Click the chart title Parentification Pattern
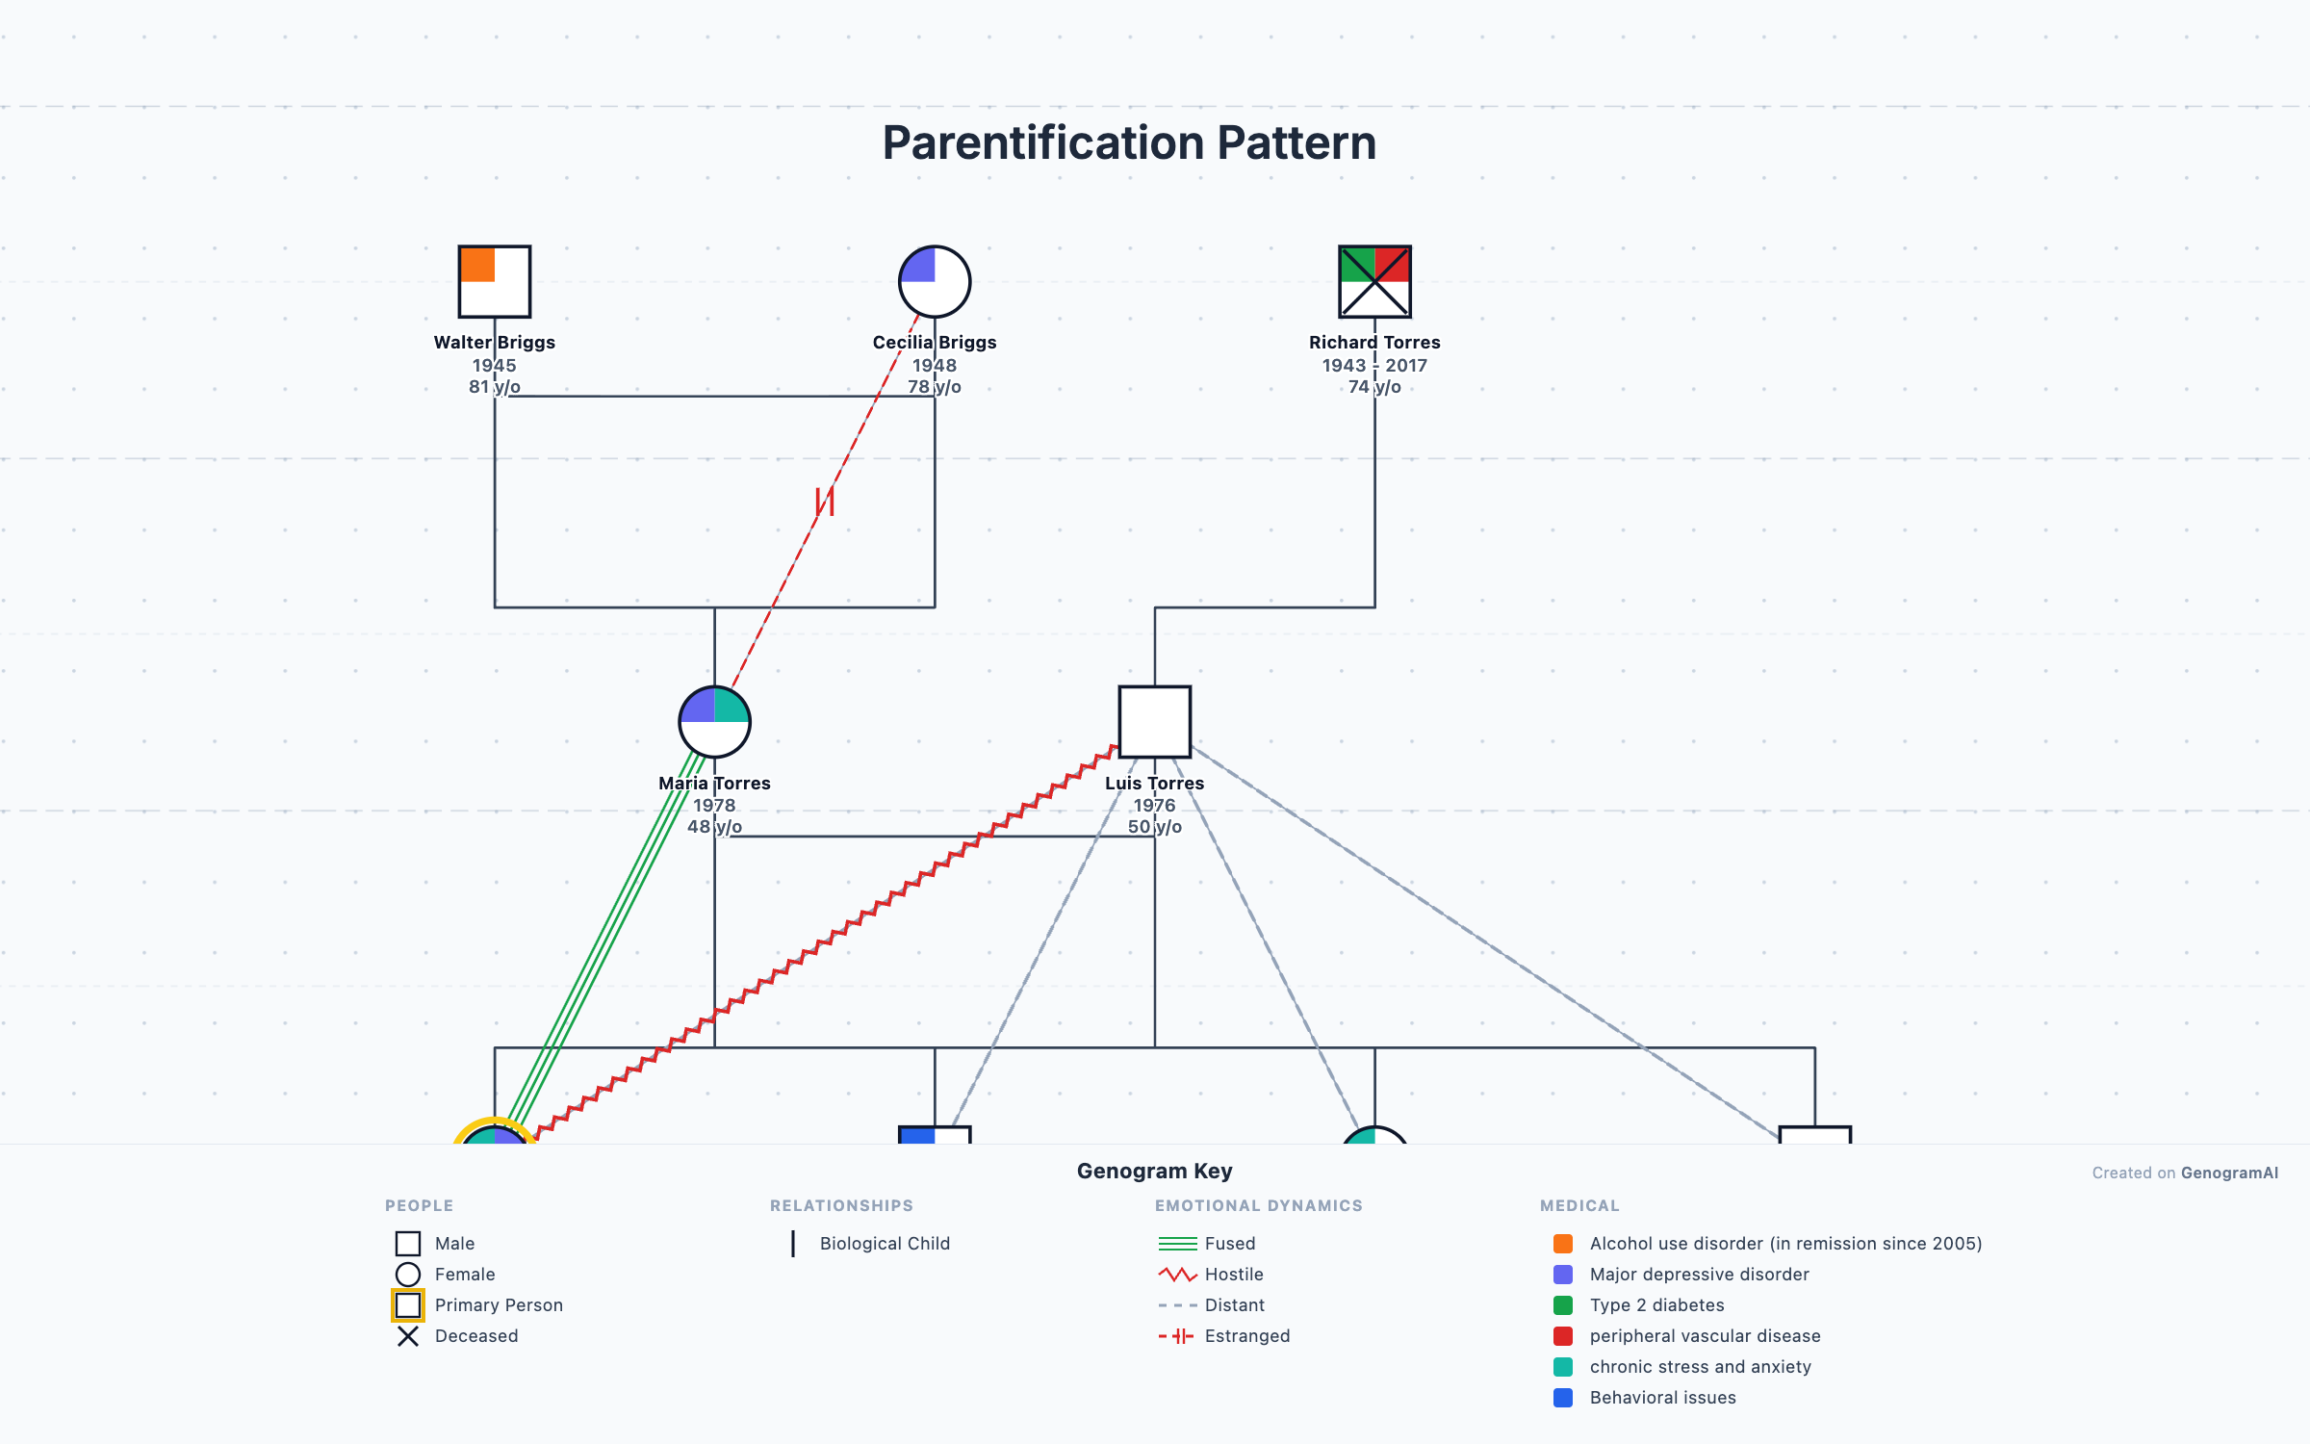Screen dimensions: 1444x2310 pyautogui.click(x=1129, y=142)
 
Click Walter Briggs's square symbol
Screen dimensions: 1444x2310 pyautogui.click(x=494, y=281)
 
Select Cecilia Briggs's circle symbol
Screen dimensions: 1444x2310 pyautogui.click(x=934, y=281)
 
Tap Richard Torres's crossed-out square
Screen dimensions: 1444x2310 pyautogui.click(x=1374, y=281)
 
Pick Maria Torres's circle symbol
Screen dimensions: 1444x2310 pyautogui.click(x=714, y=722)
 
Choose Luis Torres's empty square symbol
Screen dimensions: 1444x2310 pyautogui.click(x=1154, y=722)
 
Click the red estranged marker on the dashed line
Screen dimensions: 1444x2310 pyautogui.click(x=825, y=502)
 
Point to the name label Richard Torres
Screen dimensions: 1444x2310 pyautogui.click(x=1374, y=343)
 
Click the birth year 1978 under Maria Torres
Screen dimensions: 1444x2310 pyautogui.click(x=714, y=805)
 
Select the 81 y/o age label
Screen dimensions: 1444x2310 pyautogui.click(x=494, y=387)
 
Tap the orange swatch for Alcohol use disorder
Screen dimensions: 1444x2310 pyautogui.click(x=1563, y=1244)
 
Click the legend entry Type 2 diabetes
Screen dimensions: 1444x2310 pyautogui.click(x=1656, y=1305)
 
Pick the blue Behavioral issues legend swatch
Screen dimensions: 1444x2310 pyautogui.click(x=1563, y=1398)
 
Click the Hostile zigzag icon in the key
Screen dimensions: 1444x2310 pyautogui.click(x=1177, y=1275)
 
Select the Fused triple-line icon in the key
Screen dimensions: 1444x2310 pyautogui.click(x=1177, y=1244)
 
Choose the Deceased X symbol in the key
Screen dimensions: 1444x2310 pyautogui.click(x=408, y=1336)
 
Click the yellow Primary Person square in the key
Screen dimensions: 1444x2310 pyautogui.click(x=408, y=1305)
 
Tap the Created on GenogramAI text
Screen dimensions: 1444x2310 pyautogui.click(x=2184, y=1173)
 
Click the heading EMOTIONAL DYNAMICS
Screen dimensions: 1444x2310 pyautogui.click(x=1258, y=1205)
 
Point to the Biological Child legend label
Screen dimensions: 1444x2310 pyautogui.click(x=884, y=1244)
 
